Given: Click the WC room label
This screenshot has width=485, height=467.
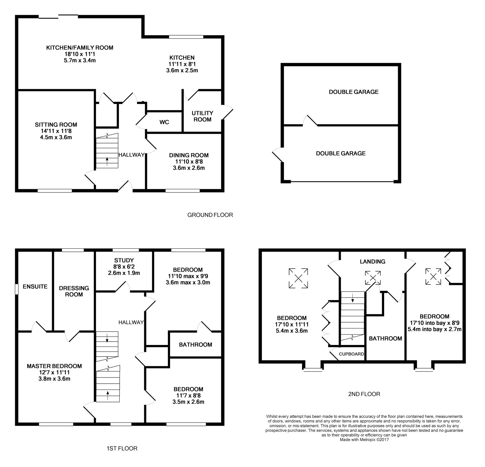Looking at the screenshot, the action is tap(164, 122).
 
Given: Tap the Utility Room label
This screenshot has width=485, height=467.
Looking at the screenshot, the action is tap(202, 116).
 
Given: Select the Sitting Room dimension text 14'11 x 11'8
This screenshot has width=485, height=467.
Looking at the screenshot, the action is tap(56, 131).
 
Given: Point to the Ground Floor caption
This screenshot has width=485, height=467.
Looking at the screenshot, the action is tap(210, 215).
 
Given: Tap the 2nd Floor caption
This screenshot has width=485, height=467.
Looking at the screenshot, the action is tap(364, 394).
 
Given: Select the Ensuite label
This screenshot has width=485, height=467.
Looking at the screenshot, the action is tap(35, 286).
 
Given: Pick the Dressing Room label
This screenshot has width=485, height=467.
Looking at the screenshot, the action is tap(74, 291).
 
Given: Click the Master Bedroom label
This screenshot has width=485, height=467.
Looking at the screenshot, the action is tap(54, 366).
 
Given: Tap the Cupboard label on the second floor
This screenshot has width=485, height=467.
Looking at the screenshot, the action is tap(351, 354).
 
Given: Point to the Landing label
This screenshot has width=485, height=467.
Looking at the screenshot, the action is tap(373, 262).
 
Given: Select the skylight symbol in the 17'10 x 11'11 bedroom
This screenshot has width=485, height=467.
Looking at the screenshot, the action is tap(298, 278).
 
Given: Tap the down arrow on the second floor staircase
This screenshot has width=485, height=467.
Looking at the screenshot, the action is tap(352, 299).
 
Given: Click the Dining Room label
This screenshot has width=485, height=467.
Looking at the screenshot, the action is tap(189, 155).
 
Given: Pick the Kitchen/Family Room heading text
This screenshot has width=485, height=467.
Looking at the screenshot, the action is tap(80, 48).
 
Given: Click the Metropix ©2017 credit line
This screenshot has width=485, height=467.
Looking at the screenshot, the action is tap(364, 440).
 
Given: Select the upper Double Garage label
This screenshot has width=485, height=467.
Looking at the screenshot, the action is tap(354, 92).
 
